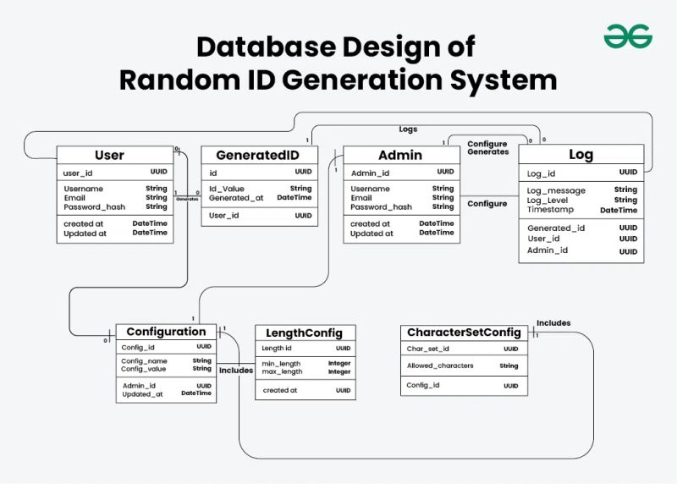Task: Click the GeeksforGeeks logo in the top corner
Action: tap(628, 36)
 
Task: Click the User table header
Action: tap(109, 155)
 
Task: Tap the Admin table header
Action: tap(399, 155)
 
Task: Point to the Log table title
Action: tap(581, 155)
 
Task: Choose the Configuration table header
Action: tap(166, 332)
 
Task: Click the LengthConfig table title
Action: tap(304, 333)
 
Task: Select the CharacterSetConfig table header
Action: tap(464, 333)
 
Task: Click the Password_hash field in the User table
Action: tap(95, 206)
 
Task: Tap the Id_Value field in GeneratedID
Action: tap(227, 189)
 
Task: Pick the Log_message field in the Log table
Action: tap(556, 190)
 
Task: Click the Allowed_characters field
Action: tap(440, 366)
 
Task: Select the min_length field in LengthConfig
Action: tap(282, 363)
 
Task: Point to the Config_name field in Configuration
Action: tap(145, 360)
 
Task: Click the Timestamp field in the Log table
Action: tap(550, 210)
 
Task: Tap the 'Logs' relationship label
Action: tap(408, 129)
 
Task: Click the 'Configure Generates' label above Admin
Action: tap(487, 148)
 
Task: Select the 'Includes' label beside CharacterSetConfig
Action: tap(553, 322)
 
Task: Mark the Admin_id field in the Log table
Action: tap(548, 250)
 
